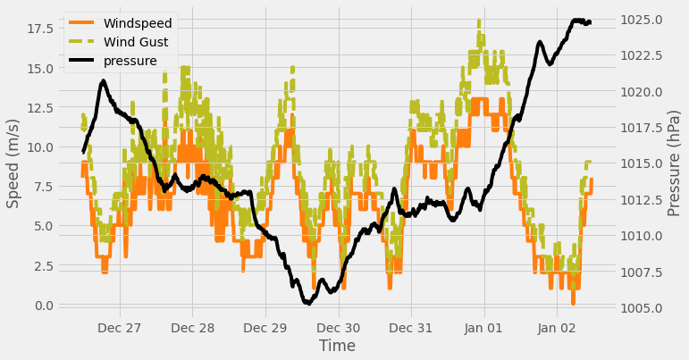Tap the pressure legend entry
click(130, 61)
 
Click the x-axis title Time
click(337, 346)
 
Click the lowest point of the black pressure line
click(307, 304)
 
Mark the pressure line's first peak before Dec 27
click(103, 82)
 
